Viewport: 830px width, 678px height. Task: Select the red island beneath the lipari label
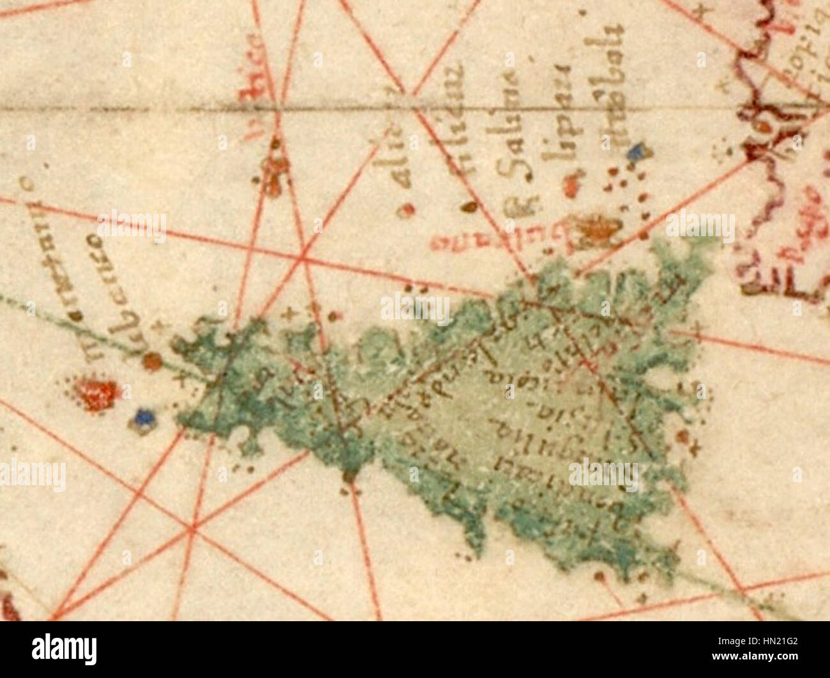pyautogui.click(x=570, y=186)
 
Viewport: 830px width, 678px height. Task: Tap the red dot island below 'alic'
pyautogui.click(x=405, y=210)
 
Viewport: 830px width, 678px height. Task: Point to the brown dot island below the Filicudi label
pyautogui.click(x=469, y=206)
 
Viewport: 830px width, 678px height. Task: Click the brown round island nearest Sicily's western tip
pyautogui.click(x=152, y=362)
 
